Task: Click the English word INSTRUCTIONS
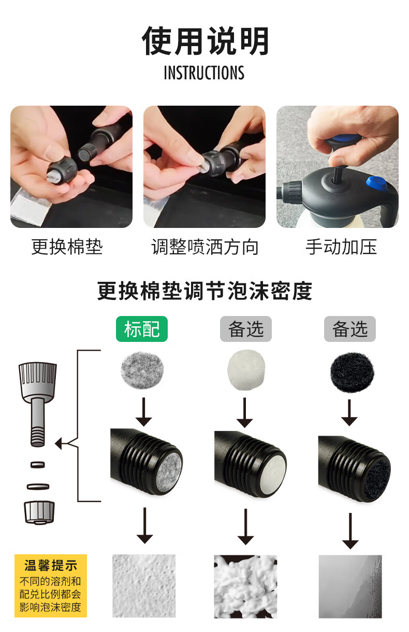point(204,73)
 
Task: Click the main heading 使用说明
point(205,41)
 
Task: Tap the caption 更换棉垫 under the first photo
point(67,247)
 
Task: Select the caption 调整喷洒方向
point(205,247)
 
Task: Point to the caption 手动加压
point(341,247)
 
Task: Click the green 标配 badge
point(142,329)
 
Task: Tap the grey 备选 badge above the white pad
point(246,329)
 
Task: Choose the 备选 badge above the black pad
point(350,329)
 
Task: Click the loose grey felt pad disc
point(142,370)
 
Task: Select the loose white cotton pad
point(246,370)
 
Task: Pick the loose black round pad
point(352,372)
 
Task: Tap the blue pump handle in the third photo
point(344,138)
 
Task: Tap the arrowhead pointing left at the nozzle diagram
point(59,444)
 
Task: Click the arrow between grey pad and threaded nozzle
point(144,412)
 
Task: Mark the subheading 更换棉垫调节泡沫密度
point(205,291)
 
